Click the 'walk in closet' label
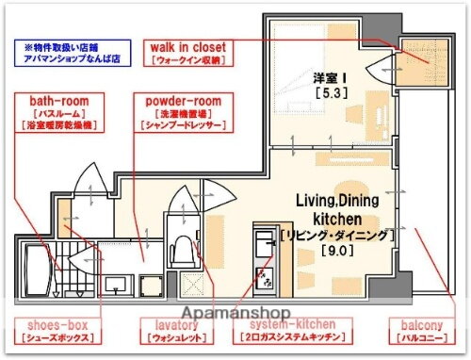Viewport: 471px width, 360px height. [x=196, y=45]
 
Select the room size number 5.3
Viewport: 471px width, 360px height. [x=325, y=94]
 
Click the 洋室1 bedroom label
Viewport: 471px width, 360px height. [x=323, y=77]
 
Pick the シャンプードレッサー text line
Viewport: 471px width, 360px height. [x=184, y=125]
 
